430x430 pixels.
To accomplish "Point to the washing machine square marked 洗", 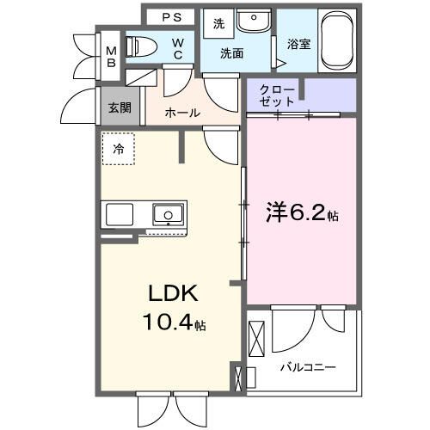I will click(218, 24).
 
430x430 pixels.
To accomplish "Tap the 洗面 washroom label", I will click(231, 53).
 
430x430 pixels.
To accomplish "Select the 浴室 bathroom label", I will click(298, 42).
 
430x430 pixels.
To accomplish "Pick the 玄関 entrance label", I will click(119, 107).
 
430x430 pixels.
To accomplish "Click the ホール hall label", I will click(182, 113).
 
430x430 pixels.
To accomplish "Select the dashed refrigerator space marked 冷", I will click(119, 148).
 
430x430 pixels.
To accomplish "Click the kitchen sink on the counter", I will click(167, 213).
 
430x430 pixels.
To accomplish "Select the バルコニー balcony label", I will click(307, 366).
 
